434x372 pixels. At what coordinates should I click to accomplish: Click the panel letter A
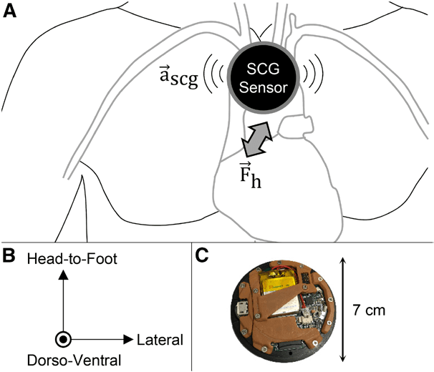(9, 11)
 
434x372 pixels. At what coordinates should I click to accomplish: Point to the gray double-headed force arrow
(256, 138)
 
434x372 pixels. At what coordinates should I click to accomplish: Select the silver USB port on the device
(243, 310)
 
